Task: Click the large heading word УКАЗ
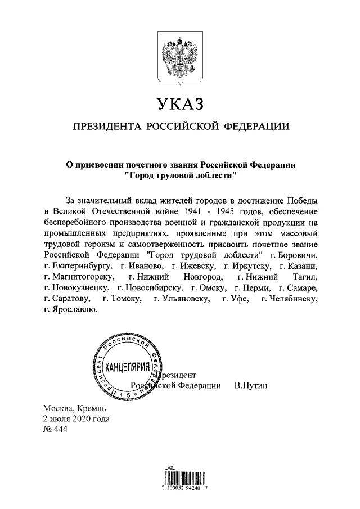[179, 104]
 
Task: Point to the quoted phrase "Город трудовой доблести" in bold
[180, 175]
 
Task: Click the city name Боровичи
[298, 254]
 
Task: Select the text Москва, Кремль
[74, 409]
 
